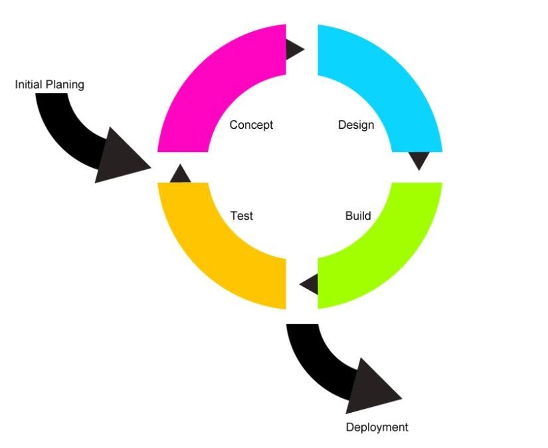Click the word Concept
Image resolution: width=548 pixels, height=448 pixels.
click(251, 125)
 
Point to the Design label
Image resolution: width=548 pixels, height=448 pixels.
click(356, 125)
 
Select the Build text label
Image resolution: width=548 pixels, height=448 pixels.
click(358, 216)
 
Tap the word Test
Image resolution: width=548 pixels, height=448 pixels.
click(242, 216)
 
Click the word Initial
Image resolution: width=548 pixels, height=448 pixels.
click(29, 84)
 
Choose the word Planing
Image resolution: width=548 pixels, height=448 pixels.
click(65, 85)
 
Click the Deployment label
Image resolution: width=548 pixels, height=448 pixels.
click(377, 427)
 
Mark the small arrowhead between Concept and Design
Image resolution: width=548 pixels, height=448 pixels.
click(295, 49)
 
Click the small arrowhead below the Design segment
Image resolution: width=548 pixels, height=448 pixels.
click(419, 161)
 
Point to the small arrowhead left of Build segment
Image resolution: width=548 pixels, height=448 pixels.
click(310, 284)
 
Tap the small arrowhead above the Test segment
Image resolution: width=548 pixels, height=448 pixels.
click(180, 173)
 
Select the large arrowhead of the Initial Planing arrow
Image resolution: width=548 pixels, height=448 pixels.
click(119, 157)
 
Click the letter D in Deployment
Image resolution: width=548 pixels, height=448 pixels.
click(349, 427)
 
